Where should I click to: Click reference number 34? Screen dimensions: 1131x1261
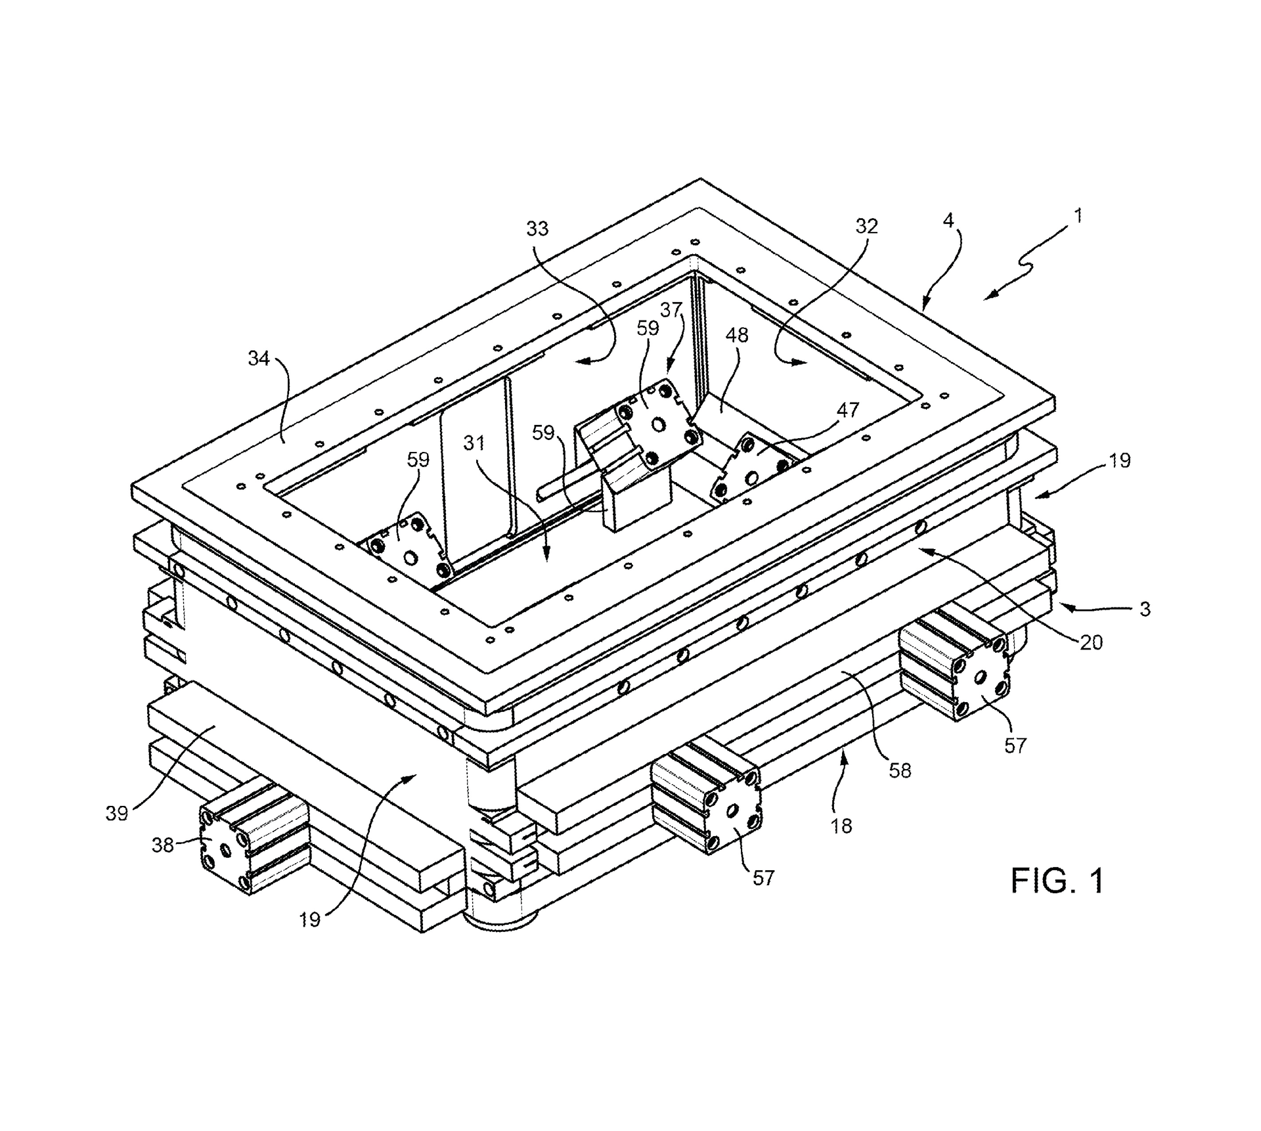[x=259, y=359]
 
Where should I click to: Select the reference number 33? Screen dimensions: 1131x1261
[x=537, y=229]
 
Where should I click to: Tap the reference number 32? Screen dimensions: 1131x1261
[x=866, y=227]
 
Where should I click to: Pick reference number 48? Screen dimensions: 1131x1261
[x=737, y=335]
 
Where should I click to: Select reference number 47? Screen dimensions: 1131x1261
[x=848, y=410]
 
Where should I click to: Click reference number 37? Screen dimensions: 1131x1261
[x=671, y=310]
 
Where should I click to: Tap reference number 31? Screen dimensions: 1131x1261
[x=474, y=443]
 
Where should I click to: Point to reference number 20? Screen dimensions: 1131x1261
[x=1091, y=642]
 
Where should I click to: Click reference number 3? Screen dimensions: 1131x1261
[x=1145, y=610]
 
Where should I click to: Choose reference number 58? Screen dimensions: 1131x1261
[x=900, y=770]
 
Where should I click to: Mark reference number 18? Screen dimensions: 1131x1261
[x=841, y=826]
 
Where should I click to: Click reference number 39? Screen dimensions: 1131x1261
[x=117, y=813]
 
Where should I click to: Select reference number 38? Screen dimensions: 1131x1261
[x=163, y=845]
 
